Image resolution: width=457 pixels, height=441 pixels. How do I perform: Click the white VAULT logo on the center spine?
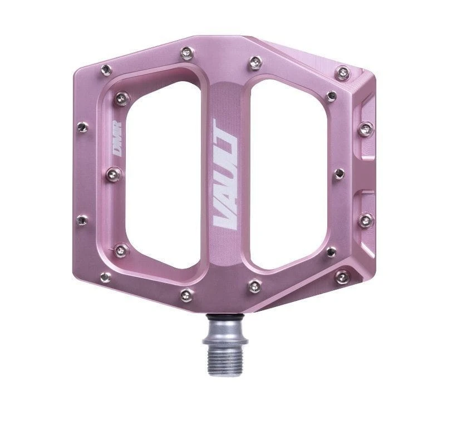pos(228,175)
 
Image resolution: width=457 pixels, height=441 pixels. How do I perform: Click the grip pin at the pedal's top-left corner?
pos(106,70)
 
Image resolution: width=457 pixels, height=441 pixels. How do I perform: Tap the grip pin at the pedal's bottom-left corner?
pos(106,276)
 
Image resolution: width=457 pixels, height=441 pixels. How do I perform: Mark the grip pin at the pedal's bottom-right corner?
pos(341,276)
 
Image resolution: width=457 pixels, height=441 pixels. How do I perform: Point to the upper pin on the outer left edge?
pos(82,127)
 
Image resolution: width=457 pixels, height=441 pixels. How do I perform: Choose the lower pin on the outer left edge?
pos(82,221)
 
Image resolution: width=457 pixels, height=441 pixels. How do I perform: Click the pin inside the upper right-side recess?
pos(365,129)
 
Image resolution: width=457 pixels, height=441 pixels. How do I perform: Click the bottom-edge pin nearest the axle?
pos(254,286)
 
